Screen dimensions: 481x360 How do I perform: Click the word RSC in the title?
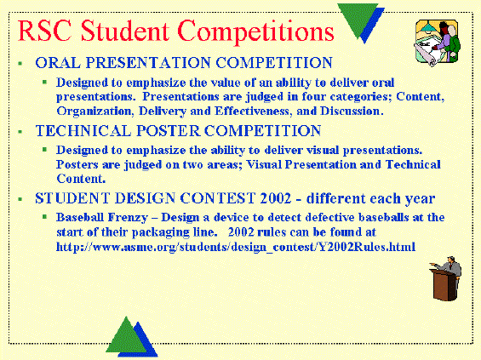(45, 31)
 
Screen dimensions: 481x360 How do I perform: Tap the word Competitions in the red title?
(255, 32)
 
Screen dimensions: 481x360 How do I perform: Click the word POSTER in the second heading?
(168, 130)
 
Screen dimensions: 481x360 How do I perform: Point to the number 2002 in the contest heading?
(276, 198)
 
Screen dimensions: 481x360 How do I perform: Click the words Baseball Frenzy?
(102, 217)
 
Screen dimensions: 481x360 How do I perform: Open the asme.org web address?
(236, 247)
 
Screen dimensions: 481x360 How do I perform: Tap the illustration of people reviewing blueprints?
(437, 43)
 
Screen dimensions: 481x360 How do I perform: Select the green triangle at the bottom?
(126, 337)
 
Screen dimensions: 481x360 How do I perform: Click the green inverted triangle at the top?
(358, 19)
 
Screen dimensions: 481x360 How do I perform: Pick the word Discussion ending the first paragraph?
(350, 111)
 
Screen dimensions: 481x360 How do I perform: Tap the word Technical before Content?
(413, 164)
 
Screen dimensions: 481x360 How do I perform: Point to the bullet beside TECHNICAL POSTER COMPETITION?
(20, 132)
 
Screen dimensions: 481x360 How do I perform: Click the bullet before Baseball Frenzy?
(45, 217)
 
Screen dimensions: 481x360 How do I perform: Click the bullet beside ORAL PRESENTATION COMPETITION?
(20, 64)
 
